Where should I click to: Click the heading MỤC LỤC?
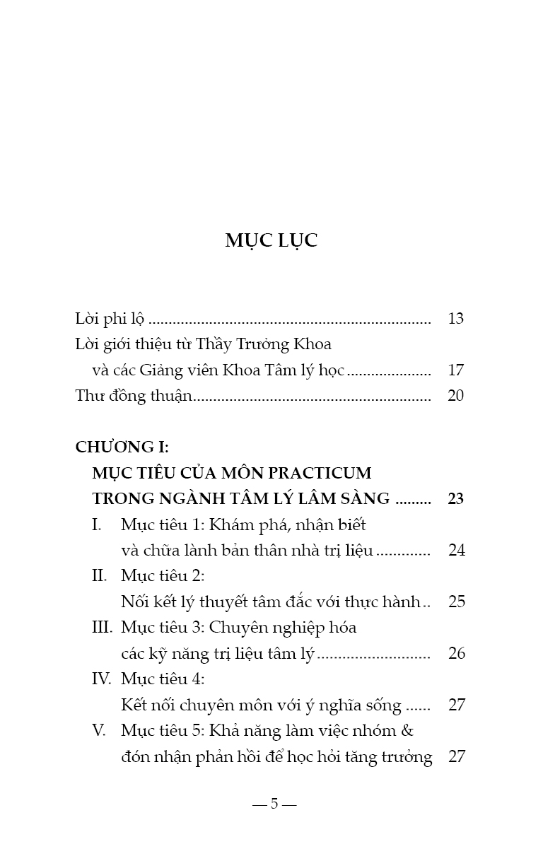click(x=271, y=240)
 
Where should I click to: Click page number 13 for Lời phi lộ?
click(x=456, y=319)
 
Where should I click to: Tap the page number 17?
click(x=456, y=370)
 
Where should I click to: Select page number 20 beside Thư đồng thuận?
click(x=456, y=396)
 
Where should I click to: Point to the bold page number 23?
click(x=456, y=499)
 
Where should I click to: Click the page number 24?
click(x=457, y=551)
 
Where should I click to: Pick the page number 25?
click(x=457, y=602)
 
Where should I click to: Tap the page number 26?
click(x=457, y=654)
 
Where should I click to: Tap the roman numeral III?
click(x=103, y=628)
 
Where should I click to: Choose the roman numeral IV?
click(x=102, y=679)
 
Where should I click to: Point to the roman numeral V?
click(x=100, y=731)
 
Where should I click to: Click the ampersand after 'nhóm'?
click(x=417, y=731)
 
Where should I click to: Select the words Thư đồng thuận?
click(x=134, y=396)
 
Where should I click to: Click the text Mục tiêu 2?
click(x=163, y=576)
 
